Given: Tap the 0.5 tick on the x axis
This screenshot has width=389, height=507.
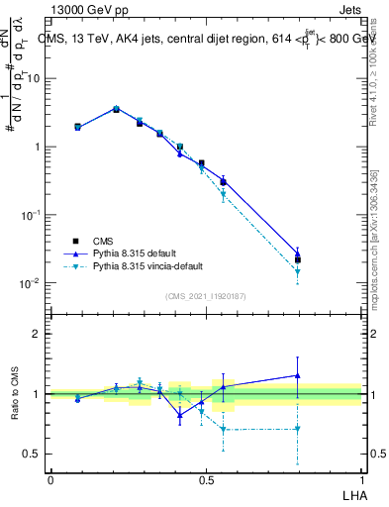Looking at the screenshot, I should [x=206, y=478].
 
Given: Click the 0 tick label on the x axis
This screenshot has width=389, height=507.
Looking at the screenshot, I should [x=50, y=478].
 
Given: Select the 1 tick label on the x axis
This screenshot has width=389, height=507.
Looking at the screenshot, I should [x=362, y=478].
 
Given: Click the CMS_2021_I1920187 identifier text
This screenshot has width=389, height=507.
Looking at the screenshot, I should [x=205, y=295].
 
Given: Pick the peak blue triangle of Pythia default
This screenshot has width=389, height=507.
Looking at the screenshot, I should [x=116, y=108].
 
